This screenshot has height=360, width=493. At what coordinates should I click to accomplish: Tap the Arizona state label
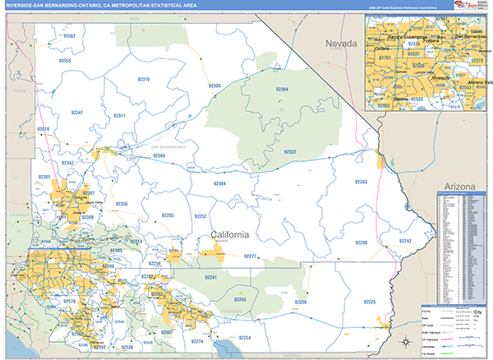click(458, 187)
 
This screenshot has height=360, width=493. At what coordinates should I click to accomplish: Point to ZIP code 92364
click(282, 89)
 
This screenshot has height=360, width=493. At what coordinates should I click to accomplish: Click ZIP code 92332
click(290, 152)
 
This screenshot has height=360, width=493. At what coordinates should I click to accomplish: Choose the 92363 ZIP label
click(360, 181)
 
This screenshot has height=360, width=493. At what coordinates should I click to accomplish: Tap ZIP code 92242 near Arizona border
click(405, 241)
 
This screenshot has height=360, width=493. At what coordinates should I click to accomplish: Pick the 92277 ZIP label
click(251, 256)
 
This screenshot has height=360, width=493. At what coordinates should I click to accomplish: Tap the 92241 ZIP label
click(210, 279)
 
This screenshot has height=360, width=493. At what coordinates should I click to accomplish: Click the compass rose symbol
click(406, 343)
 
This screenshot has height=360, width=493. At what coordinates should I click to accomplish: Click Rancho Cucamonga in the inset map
click(395, 38)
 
